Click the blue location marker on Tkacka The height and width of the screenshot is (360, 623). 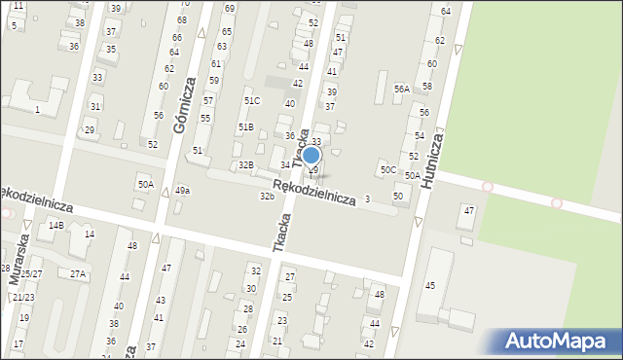[311, 155]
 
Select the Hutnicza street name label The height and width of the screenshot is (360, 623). [435, 159]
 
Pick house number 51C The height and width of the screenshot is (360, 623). [252, 101]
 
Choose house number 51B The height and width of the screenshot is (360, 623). [246, 127]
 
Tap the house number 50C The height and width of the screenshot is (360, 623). [388, 170]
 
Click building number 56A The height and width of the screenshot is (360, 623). [401, 89]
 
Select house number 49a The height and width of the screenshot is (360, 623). [183, 191]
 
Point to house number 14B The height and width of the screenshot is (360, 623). [55, 226]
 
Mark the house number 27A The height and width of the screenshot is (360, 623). [78, 274]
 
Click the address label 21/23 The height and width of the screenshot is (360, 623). [23, 298]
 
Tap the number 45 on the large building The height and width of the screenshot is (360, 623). [429, 285]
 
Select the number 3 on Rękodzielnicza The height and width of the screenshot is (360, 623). [366, 199]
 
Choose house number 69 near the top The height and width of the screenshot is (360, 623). [229, 8]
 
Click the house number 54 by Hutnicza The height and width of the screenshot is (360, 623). [420, 136]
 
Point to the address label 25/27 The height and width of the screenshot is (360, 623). [32, 274]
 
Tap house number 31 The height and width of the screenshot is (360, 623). [94, 106]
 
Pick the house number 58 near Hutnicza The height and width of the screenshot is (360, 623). [426, 87]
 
